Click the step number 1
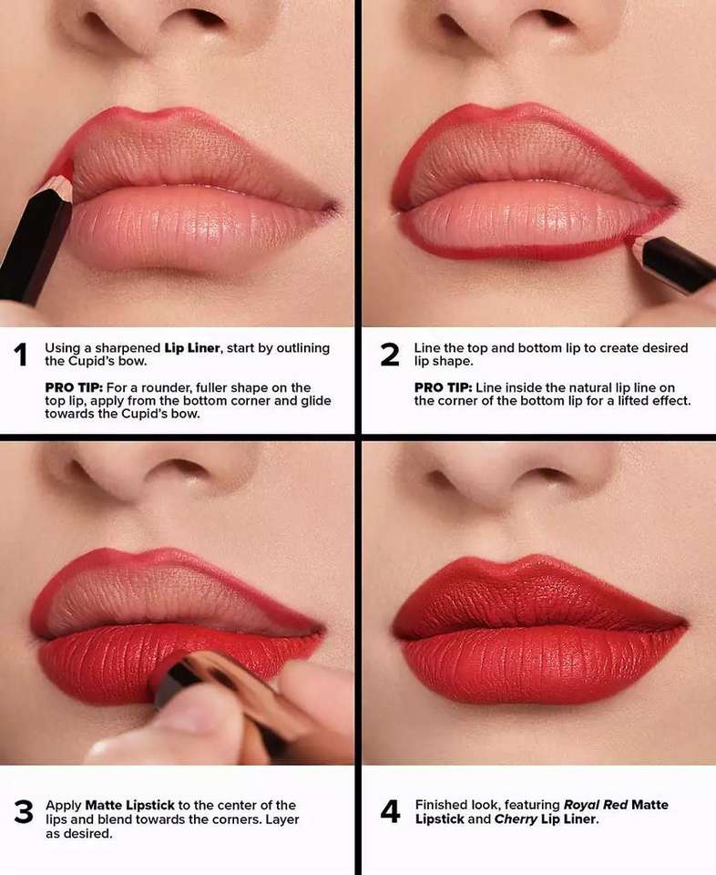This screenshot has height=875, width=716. coord(21,355)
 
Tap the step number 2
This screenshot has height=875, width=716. coord(390,355)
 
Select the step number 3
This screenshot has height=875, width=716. coord(24,812)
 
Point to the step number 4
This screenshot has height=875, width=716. coord(391,812)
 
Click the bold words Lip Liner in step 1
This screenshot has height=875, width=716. coord(192,347)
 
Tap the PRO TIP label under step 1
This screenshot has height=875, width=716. coord(74,387)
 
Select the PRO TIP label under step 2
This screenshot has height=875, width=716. coord(443,387)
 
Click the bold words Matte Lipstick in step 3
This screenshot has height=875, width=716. coord(129,805)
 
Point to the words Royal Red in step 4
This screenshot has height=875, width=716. coord(596,805)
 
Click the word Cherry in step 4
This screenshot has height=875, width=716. coord(516,819)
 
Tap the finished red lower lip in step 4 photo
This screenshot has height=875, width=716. coord(541,664)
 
